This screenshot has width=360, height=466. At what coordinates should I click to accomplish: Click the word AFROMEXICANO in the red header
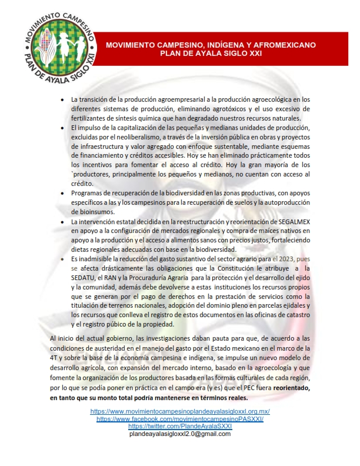point(287,45)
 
